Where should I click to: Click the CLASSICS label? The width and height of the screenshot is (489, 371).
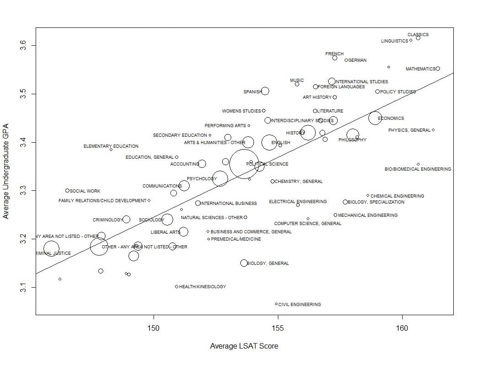(418, 35)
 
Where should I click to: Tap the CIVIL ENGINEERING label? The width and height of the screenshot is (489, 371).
(299, 305)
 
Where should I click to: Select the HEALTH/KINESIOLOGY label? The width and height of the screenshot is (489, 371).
(202, 287)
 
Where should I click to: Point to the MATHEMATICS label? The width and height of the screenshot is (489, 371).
(420, 69)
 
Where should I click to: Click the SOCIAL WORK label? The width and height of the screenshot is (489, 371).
(85, 191)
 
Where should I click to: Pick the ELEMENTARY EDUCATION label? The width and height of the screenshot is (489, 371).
(111, 146)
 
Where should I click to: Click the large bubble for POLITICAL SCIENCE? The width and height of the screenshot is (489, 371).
(245, 164)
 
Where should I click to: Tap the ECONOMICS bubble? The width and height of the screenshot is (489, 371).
(375, 118)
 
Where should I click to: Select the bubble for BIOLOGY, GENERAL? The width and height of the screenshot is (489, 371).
(244, 263)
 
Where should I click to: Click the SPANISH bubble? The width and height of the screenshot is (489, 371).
(265, 91)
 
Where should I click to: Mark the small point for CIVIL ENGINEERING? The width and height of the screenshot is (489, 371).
(276, 304)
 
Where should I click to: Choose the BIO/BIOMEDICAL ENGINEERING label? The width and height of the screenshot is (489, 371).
(418, 169)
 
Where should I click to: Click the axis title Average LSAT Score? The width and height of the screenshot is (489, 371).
(244, 346)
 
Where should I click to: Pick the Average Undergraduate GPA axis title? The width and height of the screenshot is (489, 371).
(6, 170)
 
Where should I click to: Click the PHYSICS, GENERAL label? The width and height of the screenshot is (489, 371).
(409, 130)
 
